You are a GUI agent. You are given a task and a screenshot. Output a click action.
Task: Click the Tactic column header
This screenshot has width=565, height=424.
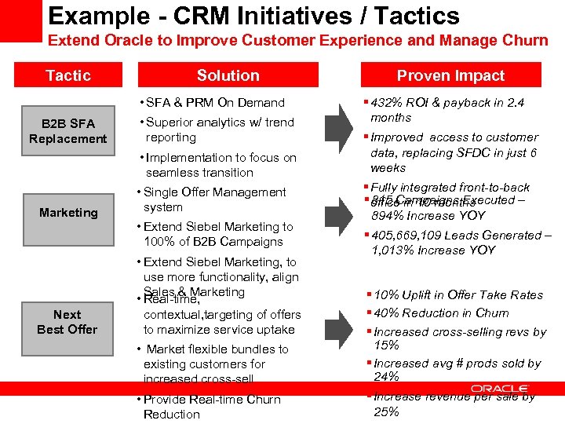[x=68, y=75]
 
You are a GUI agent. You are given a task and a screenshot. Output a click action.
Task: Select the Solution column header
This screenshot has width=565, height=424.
[x=228, y=75]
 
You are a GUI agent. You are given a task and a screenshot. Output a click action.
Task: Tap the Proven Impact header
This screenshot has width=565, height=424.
[x=450, y=75]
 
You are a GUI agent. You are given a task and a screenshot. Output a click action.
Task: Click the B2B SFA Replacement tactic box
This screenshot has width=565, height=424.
[x=68, y=131]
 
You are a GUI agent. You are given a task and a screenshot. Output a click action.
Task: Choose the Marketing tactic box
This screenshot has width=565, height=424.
[x=68, y=212]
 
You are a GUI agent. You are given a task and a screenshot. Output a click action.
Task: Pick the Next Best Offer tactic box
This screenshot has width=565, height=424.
[x=68, y=321]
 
